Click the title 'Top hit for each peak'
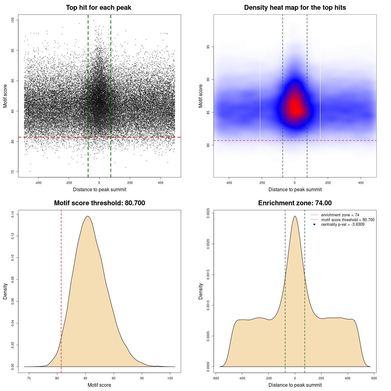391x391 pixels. pos(99,8)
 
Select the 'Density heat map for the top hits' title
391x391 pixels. pos(295,8)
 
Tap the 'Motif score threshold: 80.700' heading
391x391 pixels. pos(99,203)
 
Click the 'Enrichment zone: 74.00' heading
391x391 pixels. pos(295,203)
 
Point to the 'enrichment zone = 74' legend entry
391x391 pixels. pos(340,215)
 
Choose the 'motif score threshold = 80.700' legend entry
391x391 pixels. pos(348,220)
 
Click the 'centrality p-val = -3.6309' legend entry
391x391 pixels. pos(343,225)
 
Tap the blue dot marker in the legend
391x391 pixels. pos(314,225)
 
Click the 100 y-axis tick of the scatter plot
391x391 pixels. pos(13,20)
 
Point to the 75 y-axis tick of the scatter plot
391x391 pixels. pos(13,172)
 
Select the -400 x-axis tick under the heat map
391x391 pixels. pos(229,183)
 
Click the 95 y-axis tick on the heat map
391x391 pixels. pos(208,47)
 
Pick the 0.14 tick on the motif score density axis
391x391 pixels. pos(13,214)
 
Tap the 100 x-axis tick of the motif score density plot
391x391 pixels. pos(170,378)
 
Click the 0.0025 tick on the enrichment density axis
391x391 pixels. pos(208,212)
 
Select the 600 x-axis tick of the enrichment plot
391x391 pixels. pos(374,378)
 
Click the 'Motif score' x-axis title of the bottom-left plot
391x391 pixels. pos(99,385)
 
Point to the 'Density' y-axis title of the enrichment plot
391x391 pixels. pos(201,291)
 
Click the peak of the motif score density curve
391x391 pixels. pos(88,216)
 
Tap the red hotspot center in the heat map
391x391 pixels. pos(295,107)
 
